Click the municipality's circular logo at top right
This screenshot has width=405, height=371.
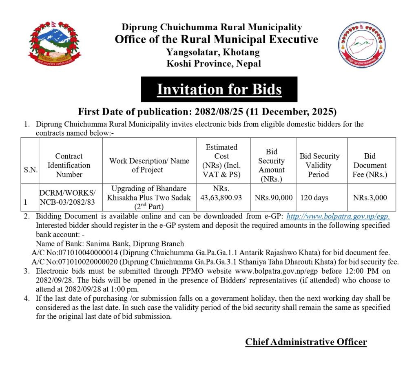356,45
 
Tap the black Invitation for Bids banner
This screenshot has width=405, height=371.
219,89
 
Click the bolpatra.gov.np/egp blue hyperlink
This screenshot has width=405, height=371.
338,216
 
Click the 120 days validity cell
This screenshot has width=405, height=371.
314,198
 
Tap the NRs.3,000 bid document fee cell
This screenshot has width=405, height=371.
370,198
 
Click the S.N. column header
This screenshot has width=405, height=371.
30,170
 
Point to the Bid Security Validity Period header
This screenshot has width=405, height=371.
319,165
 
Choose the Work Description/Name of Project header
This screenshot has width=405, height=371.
149,165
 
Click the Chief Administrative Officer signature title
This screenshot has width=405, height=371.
306,342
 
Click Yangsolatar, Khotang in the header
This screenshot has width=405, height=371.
212,52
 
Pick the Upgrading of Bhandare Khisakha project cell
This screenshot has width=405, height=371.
149,197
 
